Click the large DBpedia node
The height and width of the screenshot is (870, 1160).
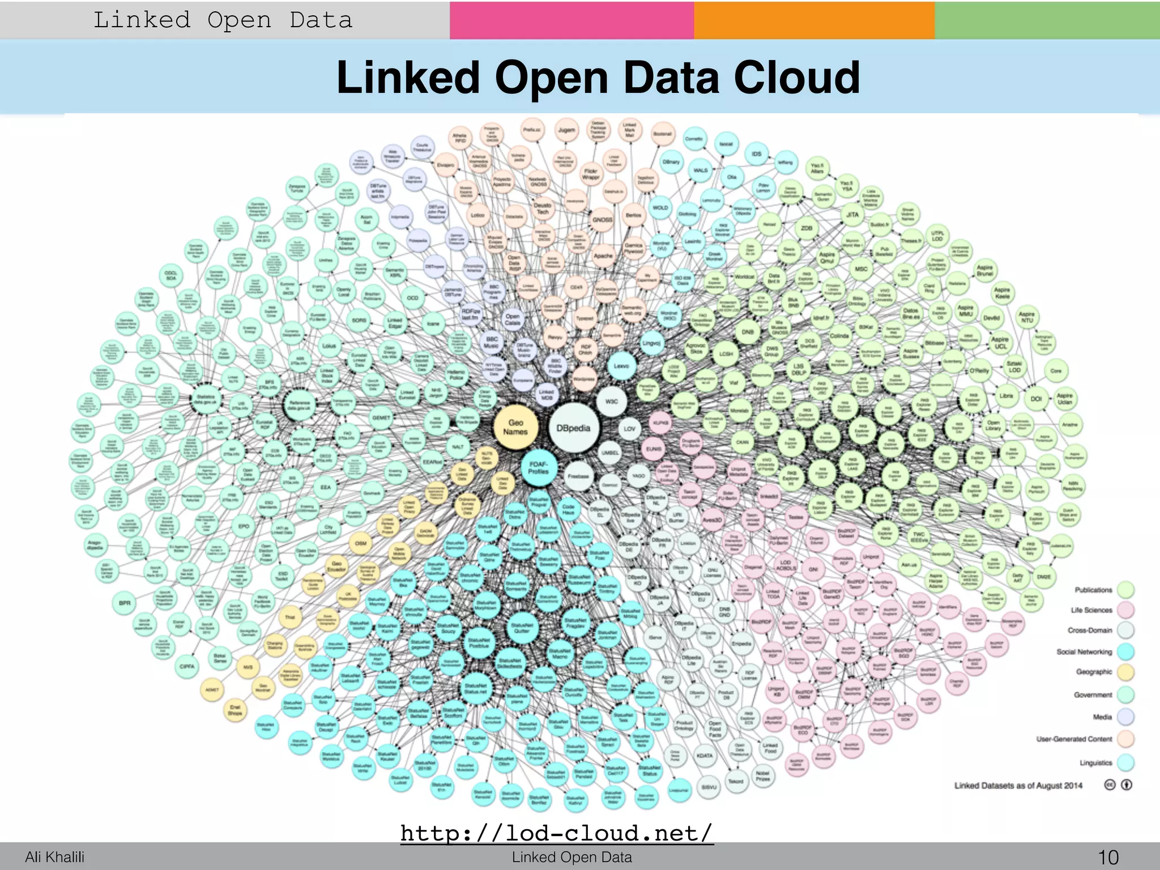[573, 428]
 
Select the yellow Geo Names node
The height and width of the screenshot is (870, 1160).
[515, 427]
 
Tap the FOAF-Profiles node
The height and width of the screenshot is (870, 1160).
[539, 467]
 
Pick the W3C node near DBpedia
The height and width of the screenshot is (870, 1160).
[612, 401]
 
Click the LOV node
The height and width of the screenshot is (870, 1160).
[629, 429]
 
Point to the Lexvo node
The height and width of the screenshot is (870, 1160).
[621, 366]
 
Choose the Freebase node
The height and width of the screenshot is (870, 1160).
[578, 476]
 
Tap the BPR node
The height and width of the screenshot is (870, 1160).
[125, 603]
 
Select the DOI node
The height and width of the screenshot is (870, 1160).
[1036, 399]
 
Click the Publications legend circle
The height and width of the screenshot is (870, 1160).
[1125, 590]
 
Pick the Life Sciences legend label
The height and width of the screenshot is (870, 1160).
[1091, 610]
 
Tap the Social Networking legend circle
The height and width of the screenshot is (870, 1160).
[1125, 651]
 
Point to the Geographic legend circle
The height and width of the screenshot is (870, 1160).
[1125, 672]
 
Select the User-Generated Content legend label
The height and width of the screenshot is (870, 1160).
[1074, 739]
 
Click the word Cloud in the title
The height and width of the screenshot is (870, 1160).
[797, 78]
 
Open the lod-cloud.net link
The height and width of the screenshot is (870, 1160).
[556, 833]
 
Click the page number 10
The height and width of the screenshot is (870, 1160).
[1108, 857]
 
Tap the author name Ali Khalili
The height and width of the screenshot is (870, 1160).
[54, 857]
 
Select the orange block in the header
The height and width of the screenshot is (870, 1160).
[814, 20]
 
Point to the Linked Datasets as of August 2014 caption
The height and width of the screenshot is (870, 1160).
[1018, 786]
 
